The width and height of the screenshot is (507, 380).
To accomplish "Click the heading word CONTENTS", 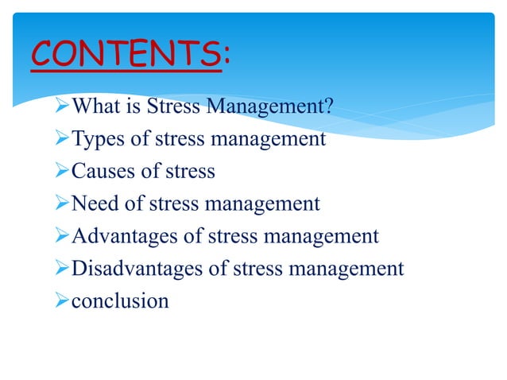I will (125, 55).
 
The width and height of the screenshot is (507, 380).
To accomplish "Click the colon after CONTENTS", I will (227, 55).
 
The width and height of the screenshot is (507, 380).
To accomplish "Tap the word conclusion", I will (120, 301).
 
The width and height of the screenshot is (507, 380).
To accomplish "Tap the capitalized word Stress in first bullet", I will (177, 107).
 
